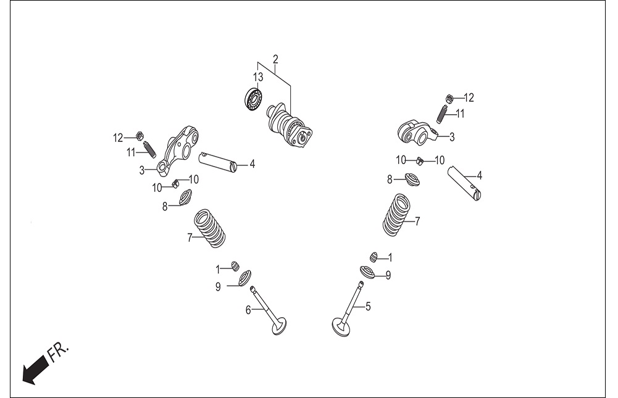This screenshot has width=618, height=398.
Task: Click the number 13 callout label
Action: pos(258,77)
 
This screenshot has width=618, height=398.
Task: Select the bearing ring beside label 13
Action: pos(253,99)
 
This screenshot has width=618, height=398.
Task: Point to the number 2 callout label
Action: pos(275,59)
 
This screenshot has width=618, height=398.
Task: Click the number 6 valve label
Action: pos(248,310)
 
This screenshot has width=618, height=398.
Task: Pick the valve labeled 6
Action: pos(269,311)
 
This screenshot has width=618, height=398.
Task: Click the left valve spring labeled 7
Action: pos(211,228)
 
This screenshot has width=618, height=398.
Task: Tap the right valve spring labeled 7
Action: pos(397,215)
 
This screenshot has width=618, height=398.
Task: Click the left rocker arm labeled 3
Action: pos(177,151)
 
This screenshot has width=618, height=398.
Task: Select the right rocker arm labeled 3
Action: pos(417,133)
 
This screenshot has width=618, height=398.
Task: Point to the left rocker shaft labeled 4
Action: pos(218,162)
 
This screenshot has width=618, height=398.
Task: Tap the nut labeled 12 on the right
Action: pos(448,98)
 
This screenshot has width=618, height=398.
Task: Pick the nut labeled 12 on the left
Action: pos(139,136)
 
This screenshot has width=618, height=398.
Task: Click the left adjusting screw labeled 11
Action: pos(149,148)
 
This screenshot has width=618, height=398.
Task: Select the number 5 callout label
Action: pos(368,306)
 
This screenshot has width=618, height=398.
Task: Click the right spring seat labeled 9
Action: pos(368,273)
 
